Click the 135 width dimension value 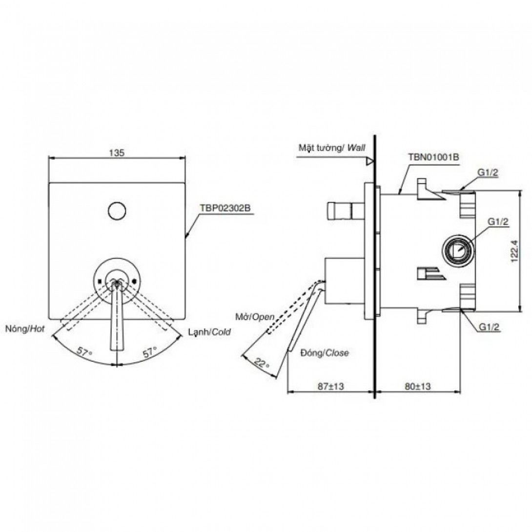[x=117, y=153]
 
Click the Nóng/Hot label [x=25, y=328]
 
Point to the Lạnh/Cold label [x=209, y=331]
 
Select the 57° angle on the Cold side [x=150, y=351]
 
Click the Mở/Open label [x=255, y=317]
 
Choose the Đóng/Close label [x=325, y=353]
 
